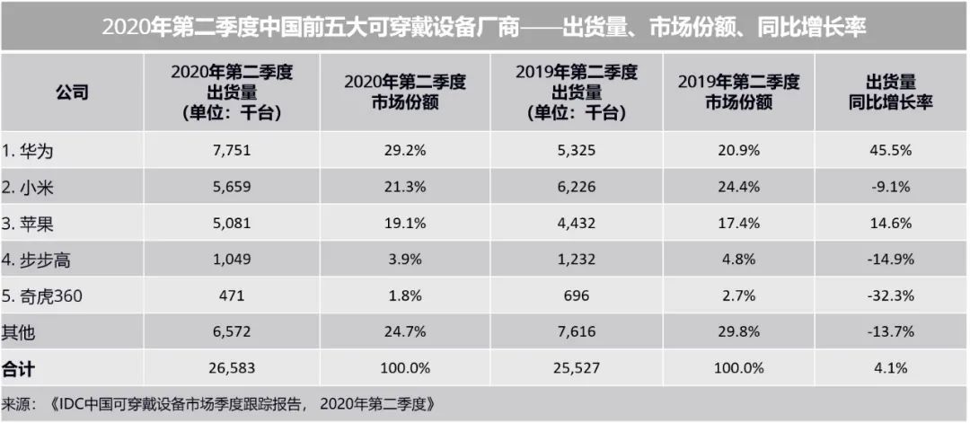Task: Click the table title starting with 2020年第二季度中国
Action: point(485,26)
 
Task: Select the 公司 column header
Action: point(72,93)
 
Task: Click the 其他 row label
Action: point(20,331)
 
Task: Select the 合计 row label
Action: point(20,367)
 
